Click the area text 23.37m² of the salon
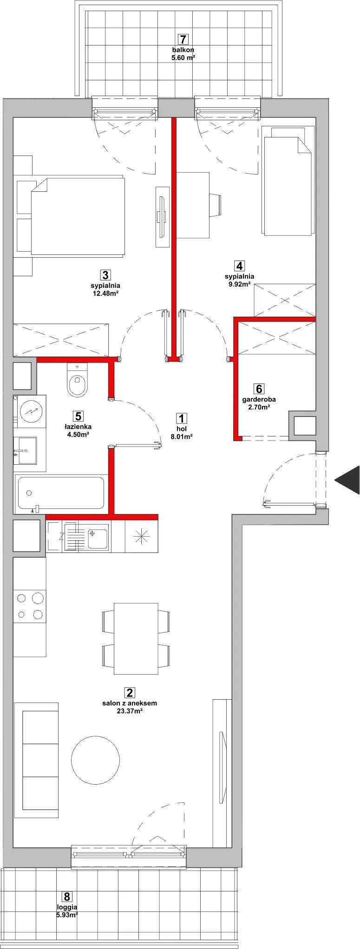(x=130, y=711)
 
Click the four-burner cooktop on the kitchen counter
(x=29, y=605)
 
